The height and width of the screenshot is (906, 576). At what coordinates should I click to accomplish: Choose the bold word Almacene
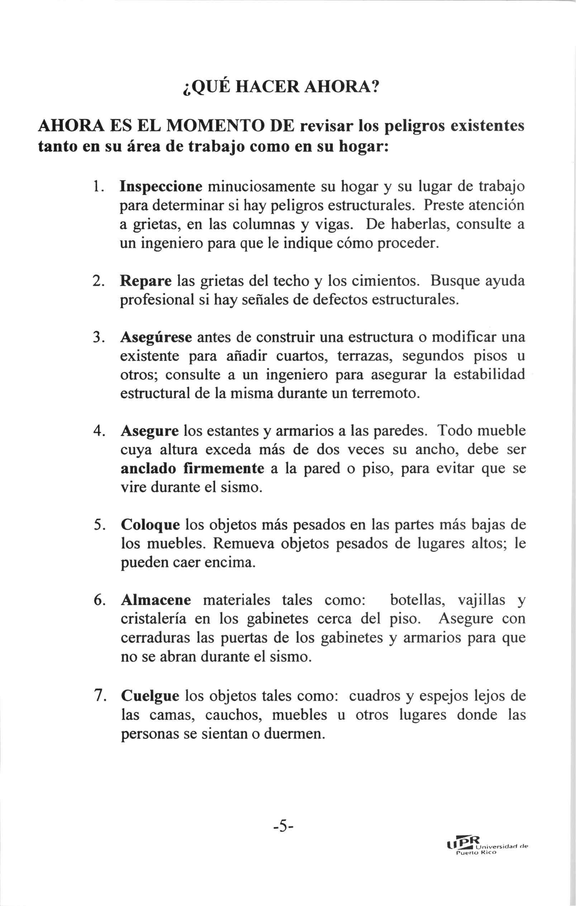point(156,600)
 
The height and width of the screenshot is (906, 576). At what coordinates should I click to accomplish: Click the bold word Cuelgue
point(150,696)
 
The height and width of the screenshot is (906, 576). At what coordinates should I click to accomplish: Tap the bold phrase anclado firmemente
point(192,468)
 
